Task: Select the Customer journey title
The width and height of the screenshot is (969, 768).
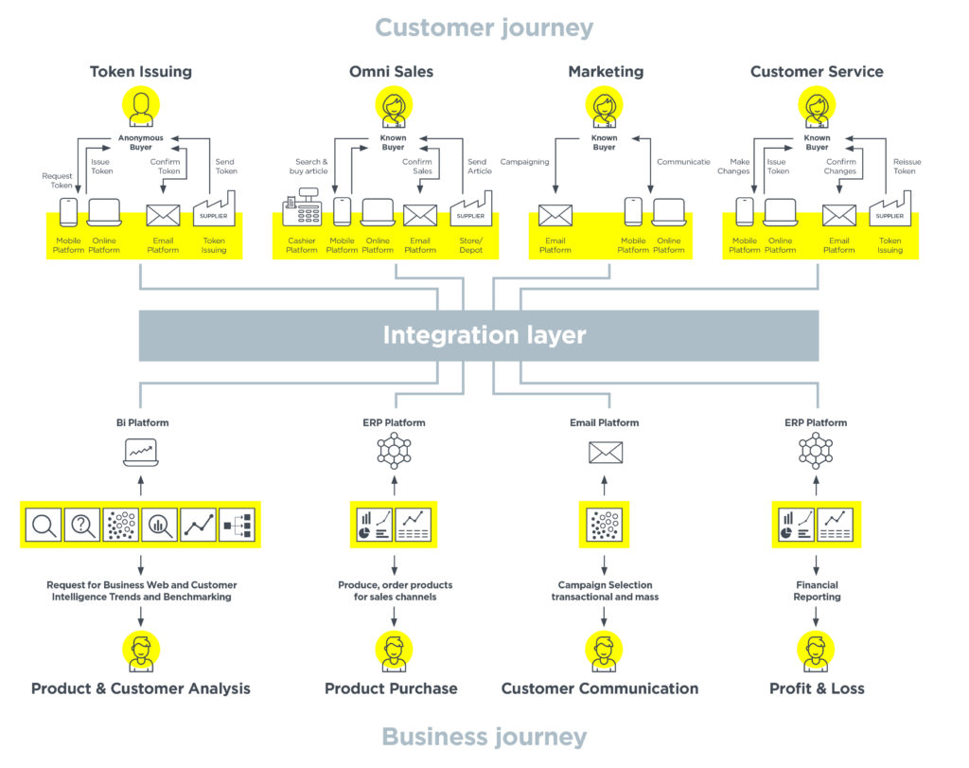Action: [484, 27]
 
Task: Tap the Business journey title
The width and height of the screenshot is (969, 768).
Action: [484, 737]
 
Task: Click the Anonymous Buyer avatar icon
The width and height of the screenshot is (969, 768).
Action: [141, 106]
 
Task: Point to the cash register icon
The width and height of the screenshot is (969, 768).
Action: [302, 207]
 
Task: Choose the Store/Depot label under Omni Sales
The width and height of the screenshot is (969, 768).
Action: [471, 245]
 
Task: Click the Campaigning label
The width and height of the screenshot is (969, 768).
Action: [524, 162]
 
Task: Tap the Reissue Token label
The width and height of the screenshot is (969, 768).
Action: [906, 167]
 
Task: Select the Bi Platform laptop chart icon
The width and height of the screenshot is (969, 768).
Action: [141, 452]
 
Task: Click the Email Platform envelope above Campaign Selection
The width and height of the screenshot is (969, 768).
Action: [605, 452]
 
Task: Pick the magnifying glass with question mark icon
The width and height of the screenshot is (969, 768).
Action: [82, 525]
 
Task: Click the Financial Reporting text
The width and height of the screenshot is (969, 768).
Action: [817, 591]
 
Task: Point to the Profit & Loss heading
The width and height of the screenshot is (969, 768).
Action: [817, 688]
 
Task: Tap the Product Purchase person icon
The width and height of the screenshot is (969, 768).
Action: [394, 651]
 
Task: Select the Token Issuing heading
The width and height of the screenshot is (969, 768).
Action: [141, 72]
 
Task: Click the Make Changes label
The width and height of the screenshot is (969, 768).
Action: [733, 167]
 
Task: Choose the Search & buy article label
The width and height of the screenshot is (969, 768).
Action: [308, 167]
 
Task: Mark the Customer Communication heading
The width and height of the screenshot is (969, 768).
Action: [599, 688]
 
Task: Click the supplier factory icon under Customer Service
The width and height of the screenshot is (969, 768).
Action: [890, 208]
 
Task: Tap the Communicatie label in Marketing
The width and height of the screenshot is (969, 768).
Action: [683, 162]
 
